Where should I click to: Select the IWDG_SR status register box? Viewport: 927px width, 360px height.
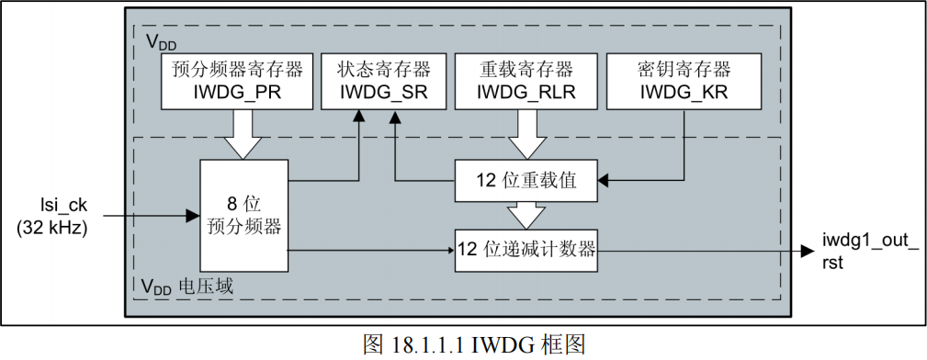[383, 80]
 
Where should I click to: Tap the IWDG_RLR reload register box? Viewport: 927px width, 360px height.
[526, 80]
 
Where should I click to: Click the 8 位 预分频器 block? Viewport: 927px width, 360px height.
[243, 215]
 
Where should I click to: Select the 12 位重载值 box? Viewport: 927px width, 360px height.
[526, 181]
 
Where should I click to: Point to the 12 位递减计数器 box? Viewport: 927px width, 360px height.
[526, 249]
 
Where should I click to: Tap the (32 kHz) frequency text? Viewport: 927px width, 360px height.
[51, 229]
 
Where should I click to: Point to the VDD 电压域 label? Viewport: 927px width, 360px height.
[187, 287]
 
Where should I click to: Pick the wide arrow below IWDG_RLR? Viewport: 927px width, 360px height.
[526, 133]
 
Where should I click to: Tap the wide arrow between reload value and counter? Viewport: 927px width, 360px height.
[526, 214]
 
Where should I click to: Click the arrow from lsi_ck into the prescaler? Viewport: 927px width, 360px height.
[147, 215]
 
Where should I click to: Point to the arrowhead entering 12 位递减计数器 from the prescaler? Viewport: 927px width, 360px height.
[449, 249]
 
